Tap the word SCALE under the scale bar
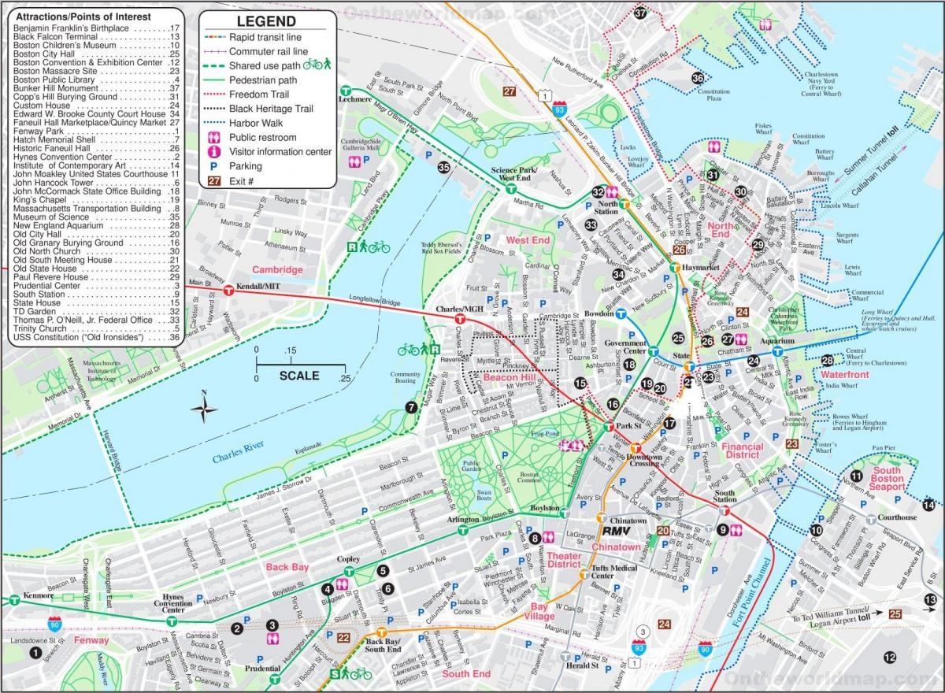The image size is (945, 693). pyautogui.click(x=299, y=376)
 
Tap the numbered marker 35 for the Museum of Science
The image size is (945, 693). pyautogui.click(x=444, y=166)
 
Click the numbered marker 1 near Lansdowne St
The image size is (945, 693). pyautogui.click(x=34, y=652)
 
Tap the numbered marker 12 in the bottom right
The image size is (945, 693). pyautogui.click(x=889, y=658)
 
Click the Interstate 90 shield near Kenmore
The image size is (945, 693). pyautogui.click(x=54, y=624)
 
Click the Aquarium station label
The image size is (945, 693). pyautogui.click(x=776, y=341)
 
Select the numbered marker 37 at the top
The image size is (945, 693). pyautogui.click(x=640, y=13)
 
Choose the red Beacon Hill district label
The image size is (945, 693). pyautogui.click(x=510, y=379)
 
